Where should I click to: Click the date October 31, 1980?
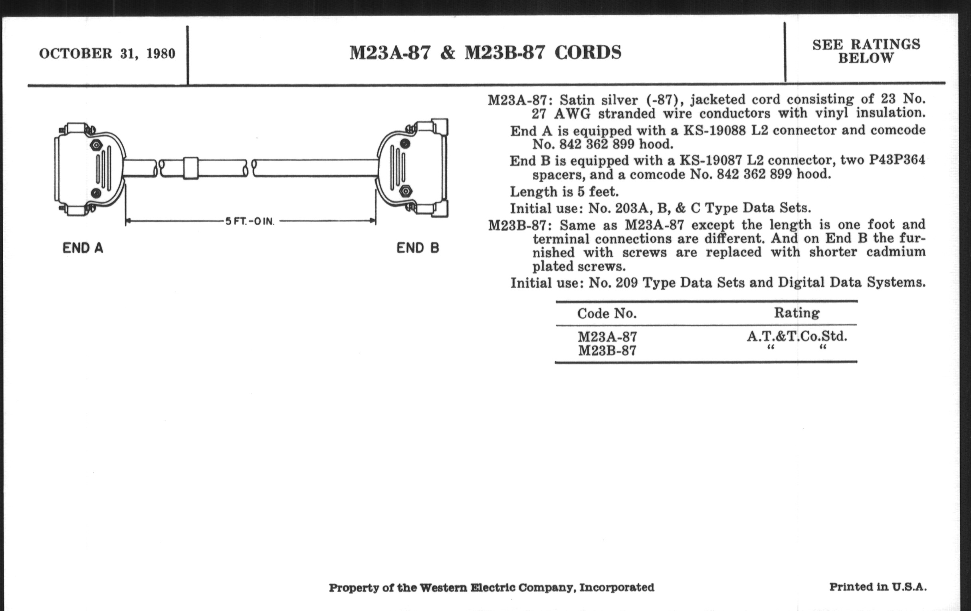107,54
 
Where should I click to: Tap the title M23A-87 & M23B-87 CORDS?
485,53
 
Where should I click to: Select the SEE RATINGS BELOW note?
866,51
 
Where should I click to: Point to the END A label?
83,248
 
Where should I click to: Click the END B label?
418,248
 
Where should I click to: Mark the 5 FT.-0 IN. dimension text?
250,221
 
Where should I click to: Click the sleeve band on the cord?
190,168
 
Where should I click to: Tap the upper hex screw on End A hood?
96,145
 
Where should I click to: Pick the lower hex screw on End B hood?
406,190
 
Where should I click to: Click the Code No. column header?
606,313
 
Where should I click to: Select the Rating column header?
797,313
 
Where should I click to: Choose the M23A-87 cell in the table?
607,337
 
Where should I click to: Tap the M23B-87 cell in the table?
607,351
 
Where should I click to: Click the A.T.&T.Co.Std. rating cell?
797,336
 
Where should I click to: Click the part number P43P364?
896,160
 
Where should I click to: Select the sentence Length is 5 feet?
564,191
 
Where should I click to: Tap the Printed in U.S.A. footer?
878,587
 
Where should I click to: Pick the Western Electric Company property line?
491,587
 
